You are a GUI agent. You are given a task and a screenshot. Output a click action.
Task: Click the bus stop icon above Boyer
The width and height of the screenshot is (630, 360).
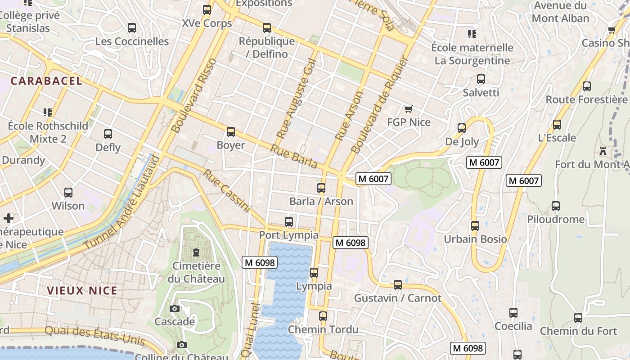pos(231,132)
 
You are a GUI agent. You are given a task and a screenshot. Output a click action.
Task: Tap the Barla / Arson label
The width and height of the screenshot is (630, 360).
pos(321,201)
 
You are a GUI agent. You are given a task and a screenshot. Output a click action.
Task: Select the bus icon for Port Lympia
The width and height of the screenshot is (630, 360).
pos(289,222)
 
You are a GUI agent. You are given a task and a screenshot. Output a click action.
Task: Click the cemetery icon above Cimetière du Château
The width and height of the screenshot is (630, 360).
pos(196,252)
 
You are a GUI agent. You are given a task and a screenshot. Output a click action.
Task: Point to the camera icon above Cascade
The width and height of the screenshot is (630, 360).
pos(175,308)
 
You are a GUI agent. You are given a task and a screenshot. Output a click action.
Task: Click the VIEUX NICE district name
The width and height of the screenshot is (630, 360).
pos(82,291)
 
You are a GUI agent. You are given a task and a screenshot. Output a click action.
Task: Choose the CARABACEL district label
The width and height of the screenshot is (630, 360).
pos(46,81)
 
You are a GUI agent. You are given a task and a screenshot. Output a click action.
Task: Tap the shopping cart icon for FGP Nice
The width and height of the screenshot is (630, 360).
pos(408,109)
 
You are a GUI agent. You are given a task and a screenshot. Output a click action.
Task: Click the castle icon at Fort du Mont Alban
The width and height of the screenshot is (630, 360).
pos(603,151)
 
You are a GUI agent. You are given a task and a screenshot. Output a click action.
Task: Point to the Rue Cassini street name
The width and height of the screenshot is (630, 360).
pos(226,190)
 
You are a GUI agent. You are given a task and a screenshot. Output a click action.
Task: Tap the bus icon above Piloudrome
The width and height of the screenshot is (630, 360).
pos(556,206)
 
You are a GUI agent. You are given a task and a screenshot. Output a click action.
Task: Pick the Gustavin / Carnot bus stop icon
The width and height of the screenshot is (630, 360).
pos(398,285)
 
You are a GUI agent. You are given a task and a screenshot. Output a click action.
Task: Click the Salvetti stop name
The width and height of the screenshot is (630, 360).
pos(481,93)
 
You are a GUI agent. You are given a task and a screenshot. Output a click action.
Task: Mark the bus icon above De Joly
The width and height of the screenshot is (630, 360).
pos(462,128)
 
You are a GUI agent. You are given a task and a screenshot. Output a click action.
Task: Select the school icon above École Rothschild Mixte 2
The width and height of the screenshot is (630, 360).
pos(48,112)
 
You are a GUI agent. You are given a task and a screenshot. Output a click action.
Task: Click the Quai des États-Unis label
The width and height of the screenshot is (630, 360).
pos(95,335)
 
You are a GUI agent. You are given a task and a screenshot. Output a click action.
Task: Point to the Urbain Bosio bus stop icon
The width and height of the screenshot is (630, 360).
pos(475,226)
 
